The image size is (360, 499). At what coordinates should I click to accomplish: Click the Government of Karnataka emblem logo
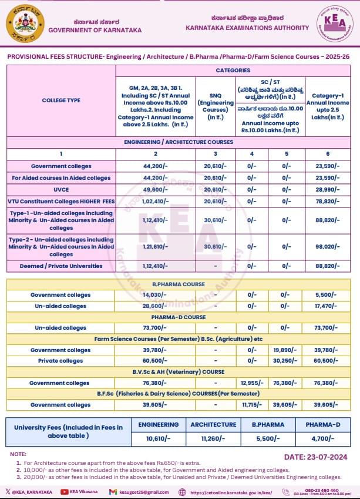tap(25, 24)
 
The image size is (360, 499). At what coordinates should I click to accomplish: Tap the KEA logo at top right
tap(334, 25)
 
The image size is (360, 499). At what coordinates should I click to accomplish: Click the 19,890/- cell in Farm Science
tap(287, 350)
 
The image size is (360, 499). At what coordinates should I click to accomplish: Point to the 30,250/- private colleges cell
tap(287, 361)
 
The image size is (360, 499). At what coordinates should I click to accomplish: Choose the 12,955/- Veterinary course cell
tap(252, 383)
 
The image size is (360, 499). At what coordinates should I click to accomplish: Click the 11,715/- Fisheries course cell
tap(252, 404)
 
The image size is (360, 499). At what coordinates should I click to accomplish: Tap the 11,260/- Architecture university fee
tap(213, 438)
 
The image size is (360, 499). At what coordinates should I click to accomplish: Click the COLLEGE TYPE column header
tap(61, 100)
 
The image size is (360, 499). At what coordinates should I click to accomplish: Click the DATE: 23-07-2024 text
tap(315, 457)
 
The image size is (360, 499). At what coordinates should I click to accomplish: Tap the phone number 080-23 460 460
tap(321, 490)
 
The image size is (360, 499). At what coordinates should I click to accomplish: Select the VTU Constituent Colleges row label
tap(61, 201)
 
